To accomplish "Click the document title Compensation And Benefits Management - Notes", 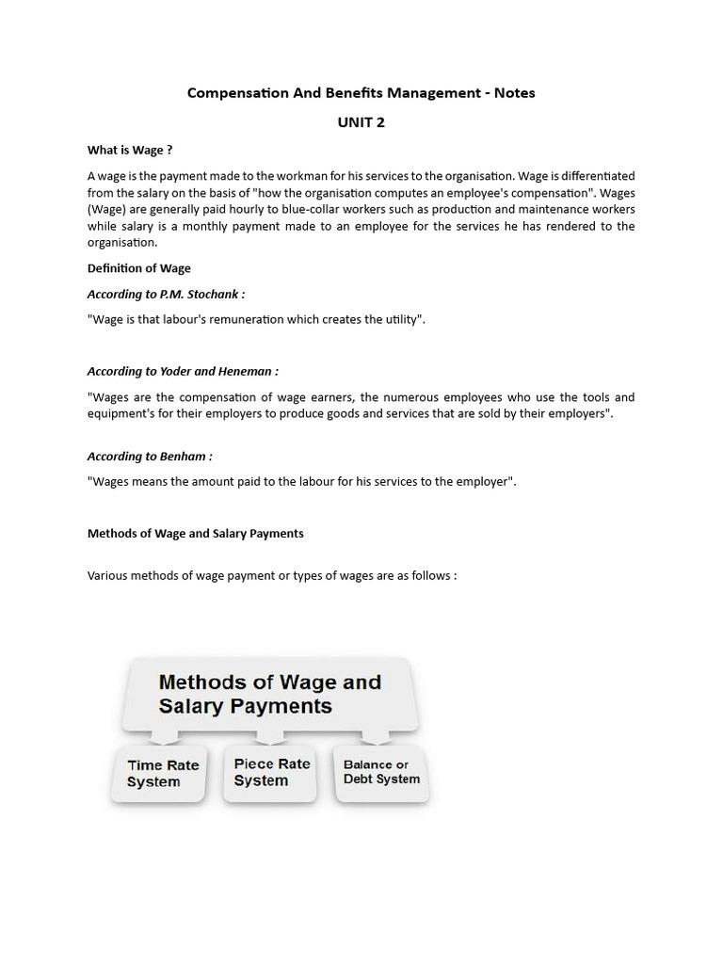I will pyautogui.click(x=361, y=92).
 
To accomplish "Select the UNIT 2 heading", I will pyautogui.click(x=361, y=122).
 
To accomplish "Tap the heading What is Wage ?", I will pyautogui.click(x=130, y=150).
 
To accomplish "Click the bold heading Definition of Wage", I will pyautogui.click(x=138, y=268).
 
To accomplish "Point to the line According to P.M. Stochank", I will pyautogui.click(x=166, y=294).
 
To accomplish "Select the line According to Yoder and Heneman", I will pyautogui.click(x=183, y=371).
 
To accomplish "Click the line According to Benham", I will pyautogui.click(x=150, y=457).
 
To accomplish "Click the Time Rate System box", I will pyautogui.click(x=158, y=774).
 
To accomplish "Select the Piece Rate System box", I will pyautogui.click(x=271, y=773).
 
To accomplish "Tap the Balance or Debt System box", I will pyautogui.click(x=381, y=772).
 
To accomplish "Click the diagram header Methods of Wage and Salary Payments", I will pyautogui.click(x=269, y=693).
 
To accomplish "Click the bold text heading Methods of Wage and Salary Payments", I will pyautogui.click(x=195, y=533).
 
